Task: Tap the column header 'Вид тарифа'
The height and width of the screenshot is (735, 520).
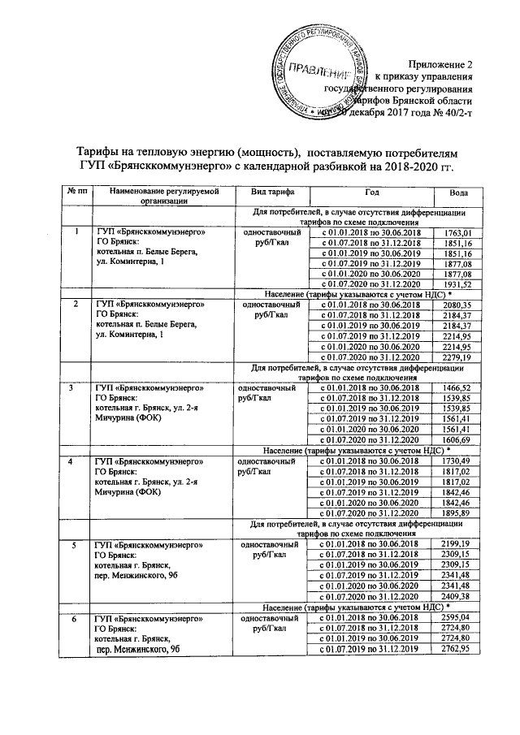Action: click(x=264, y=191)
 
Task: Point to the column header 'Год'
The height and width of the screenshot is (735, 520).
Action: click(x=372, y=191)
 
